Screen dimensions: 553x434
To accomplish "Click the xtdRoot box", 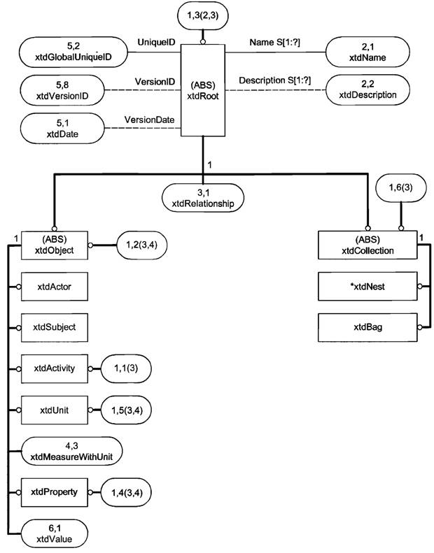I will [x=203, y=91].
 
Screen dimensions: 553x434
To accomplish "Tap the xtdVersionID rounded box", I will [x=64, y=90].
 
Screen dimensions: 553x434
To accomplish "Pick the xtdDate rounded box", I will [x=64, y=128].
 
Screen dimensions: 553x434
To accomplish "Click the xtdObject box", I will [x=53, y=245].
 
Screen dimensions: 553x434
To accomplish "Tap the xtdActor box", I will [x=53, y=287].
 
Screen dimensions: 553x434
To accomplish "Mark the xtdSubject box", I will [x=53, y=326].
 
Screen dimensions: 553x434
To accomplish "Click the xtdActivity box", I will [x=53, y=367].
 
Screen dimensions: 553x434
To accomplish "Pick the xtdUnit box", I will [x=53, y=407].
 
